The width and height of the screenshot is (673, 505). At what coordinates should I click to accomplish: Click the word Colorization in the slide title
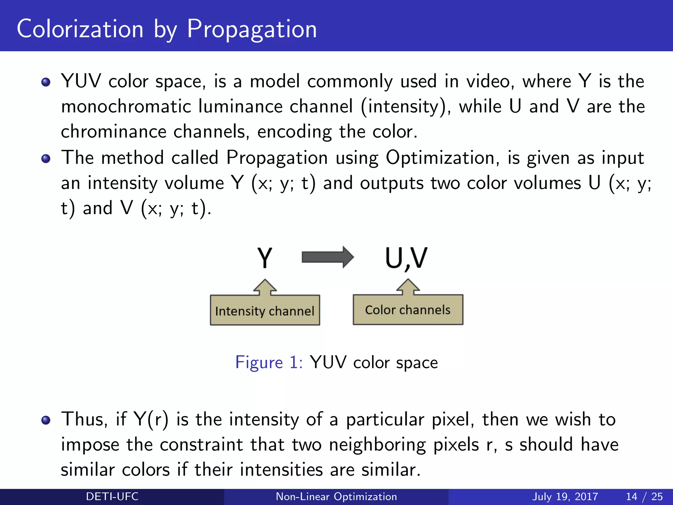coord(80,29)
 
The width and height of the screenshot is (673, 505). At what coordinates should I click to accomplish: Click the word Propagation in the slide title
coord(252,30)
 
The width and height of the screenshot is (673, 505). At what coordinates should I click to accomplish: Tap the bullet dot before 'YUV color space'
coord(46,82)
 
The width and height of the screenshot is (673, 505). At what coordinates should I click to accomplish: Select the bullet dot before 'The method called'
coord(46,159)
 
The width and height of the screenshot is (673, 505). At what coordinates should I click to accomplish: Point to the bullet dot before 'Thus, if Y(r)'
coord(46,420)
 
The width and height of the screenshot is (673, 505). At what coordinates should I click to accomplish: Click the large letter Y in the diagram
coord(265,258)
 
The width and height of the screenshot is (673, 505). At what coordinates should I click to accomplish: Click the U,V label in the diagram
coord(406,258)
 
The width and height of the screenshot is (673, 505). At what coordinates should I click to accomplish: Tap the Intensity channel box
coord(265,310)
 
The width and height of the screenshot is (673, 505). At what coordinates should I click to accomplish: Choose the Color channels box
coord(408,310)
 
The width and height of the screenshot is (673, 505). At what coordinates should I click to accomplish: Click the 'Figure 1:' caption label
coord(269,362)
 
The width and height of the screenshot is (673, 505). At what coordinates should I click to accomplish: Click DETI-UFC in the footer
coord(112,496)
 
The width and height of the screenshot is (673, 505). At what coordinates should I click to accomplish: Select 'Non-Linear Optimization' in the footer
coord(336,496)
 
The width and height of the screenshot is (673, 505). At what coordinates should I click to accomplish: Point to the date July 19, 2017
coord(565,496)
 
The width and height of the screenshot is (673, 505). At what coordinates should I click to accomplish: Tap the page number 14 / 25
coord(644,496)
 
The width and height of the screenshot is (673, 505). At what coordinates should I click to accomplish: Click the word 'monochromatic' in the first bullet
coord(126,107)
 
